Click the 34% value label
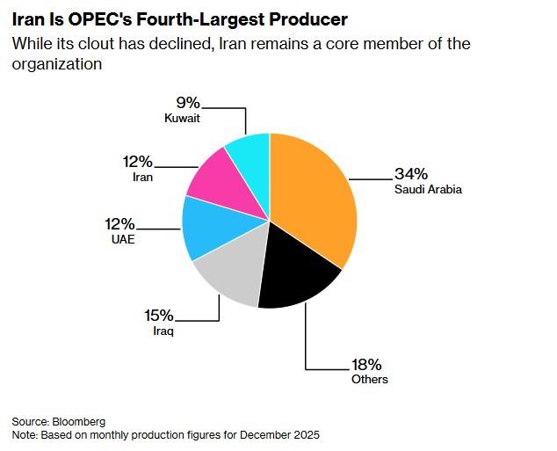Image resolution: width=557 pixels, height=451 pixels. coord(412,173)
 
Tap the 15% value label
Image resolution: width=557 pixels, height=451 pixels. coord(159,316)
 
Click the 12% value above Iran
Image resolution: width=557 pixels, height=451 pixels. coord(139,162)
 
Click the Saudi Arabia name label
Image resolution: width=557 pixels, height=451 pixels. coord(428,189)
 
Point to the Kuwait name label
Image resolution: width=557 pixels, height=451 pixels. coord(182,117)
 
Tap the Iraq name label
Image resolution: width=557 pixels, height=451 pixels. coord(164,331)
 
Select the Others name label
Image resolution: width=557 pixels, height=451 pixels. coord(369,379)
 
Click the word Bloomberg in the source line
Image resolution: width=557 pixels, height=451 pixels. coord(79,422)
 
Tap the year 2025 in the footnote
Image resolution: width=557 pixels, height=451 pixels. coord(305,435)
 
